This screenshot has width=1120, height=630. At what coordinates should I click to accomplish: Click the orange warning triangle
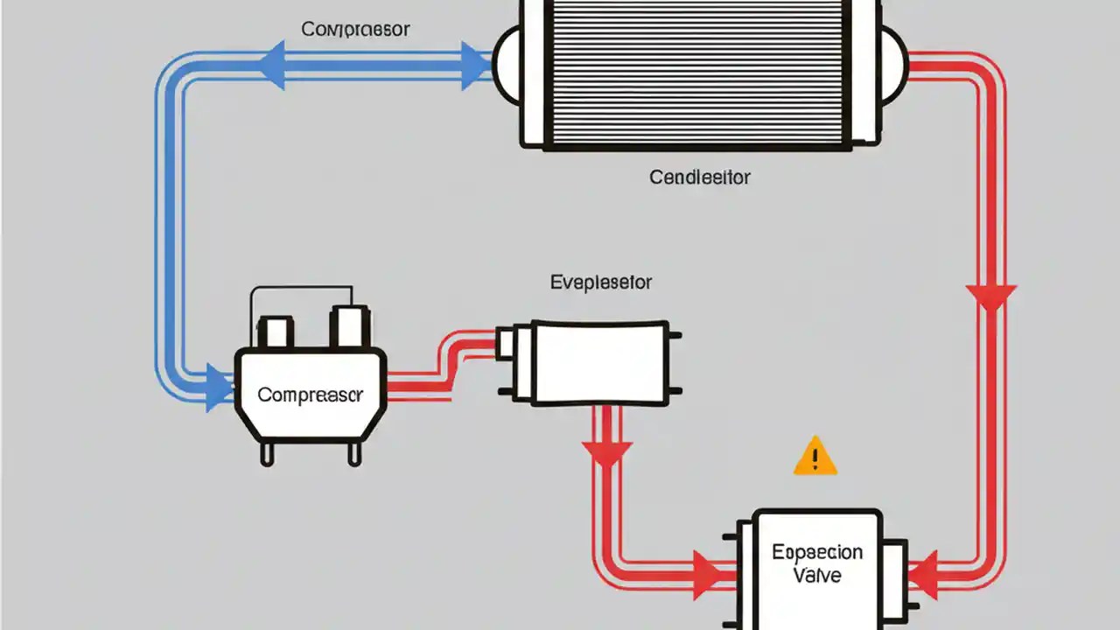(x=815, y=458)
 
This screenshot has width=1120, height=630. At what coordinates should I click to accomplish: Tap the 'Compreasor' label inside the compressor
(x=310, y=395)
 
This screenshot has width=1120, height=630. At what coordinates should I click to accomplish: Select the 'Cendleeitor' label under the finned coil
(x=700, y=178)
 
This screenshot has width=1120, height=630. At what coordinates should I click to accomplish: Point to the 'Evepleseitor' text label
(x=601, y=283)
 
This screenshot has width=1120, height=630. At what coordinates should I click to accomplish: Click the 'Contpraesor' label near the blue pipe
(x=355, y=29)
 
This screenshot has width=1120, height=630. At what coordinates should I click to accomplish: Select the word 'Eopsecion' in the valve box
(x=817, y=553)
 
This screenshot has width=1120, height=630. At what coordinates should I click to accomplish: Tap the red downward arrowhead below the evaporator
(x=606, y=452)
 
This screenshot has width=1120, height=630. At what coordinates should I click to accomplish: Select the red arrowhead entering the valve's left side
(x=707, y=574)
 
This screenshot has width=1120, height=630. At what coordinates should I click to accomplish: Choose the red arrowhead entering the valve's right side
(x=923, y=573)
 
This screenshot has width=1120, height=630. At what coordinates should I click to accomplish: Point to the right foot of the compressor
(x=354, y=453)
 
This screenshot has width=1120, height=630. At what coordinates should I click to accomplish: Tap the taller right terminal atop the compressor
(x=349, y=326)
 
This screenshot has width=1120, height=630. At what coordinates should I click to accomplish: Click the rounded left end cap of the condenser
(x=507, y=66)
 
